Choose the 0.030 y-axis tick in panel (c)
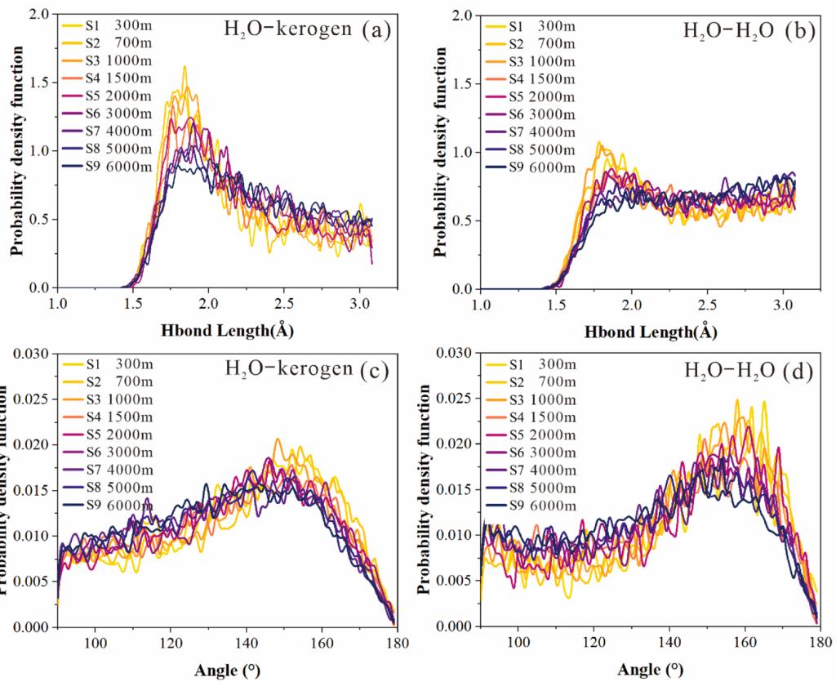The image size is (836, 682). click(33, 353)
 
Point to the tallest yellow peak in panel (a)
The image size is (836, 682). click(185, 67)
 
